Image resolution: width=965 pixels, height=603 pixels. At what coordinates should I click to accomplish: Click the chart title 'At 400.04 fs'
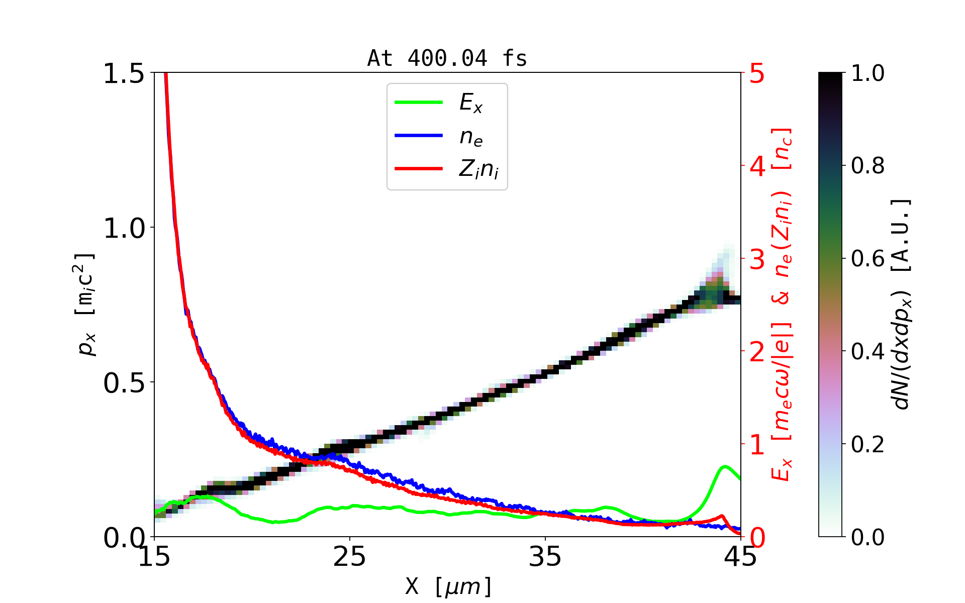447,58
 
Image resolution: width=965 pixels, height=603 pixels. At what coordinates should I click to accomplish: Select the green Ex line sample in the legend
419,103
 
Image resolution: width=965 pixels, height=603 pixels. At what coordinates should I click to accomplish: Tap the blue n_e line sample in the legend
419,136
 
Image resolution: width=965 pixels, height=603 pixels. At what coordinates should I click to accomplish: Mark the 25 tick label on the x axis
349,557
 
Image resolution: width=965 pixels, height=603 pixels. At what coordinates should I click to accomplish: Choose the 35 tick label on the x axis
545,557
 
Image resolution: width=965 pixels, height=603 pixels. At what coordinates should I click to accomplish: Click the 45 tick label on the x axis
740,557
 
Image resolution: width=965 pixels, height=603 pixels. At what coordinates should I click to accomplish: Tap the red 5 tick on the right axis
757,74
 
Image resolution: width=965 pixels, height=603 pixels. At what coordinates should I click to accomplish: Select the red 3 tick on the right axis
757,259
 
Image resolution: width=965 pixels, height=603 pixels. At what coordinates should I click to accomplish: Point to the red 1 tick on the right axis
757,445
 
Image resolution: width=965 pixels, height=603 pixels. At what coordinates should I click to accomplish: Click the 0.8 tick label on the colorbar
867,165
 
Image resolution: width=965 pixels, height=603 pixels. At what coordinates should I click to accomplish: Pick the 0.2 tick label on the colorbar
867,444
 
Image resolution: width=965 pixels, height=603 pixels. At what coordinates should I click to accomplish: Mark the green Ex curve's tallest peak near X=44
724,467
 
